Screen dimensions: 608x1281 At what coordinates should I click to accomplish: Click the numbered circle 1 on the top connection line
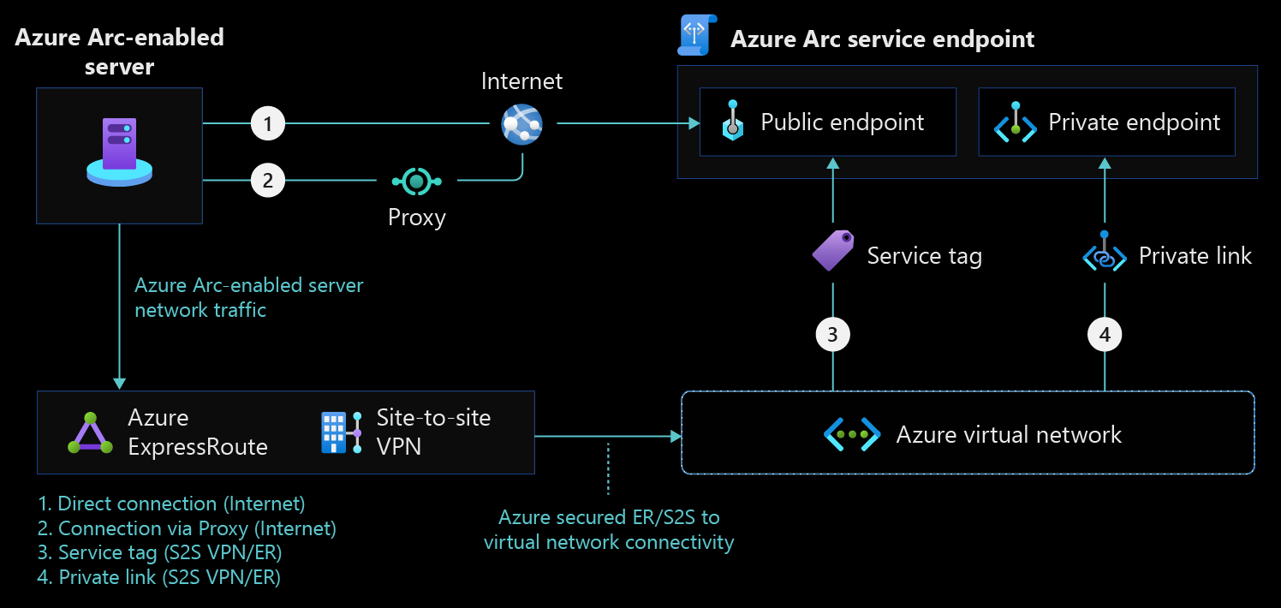coord(268,124)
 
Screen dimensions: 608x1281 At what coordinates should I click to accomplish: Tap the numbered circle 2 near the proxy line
coord(268,181)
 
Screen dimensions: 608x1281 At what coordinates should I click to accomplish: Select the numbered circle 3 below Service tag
coord(832,335)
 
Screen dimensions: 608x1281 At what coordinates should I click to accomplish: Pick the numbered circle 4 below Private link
coord(1105,335)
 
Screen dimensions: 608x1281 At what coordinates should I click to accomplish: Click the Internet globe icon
coord(522,124)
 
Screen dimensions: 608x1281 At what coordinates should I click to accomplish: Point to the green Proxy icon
coord(416,181)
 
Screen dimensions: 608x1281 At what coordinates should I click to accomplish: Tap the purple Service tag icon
coord(832,251)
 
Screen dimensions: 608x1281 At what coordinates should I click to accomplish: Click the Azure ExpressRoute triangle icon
coord(90,433)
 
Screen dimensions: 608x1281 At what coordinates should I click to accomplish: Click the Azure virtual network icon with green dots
coord(852,434)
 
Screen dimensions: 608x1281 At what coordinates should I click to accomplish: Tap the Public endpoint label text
coord(843,122)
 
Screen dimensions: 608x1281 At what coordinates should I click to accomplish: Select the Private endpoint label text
coord(1134,122)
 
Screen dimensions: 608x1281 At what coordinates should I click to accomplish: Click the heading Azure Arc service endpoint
coord(882,39)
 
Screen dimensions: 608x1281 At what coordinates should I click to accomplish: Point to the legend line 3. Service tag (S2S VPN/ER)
coord(160,552)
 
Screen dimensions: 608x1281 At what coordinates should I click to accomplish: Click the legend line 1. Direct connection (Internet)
coord(171,504)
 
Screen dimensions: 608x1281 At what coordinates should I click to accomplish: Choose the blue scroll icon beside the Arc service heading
coord(694,35)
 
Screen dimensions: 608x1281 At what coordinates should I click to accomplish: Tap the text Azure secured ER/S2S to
coord(609,517)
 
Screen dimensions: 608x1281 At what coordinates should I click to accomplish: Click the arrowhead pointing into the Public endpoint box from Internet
coord(694,125)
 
